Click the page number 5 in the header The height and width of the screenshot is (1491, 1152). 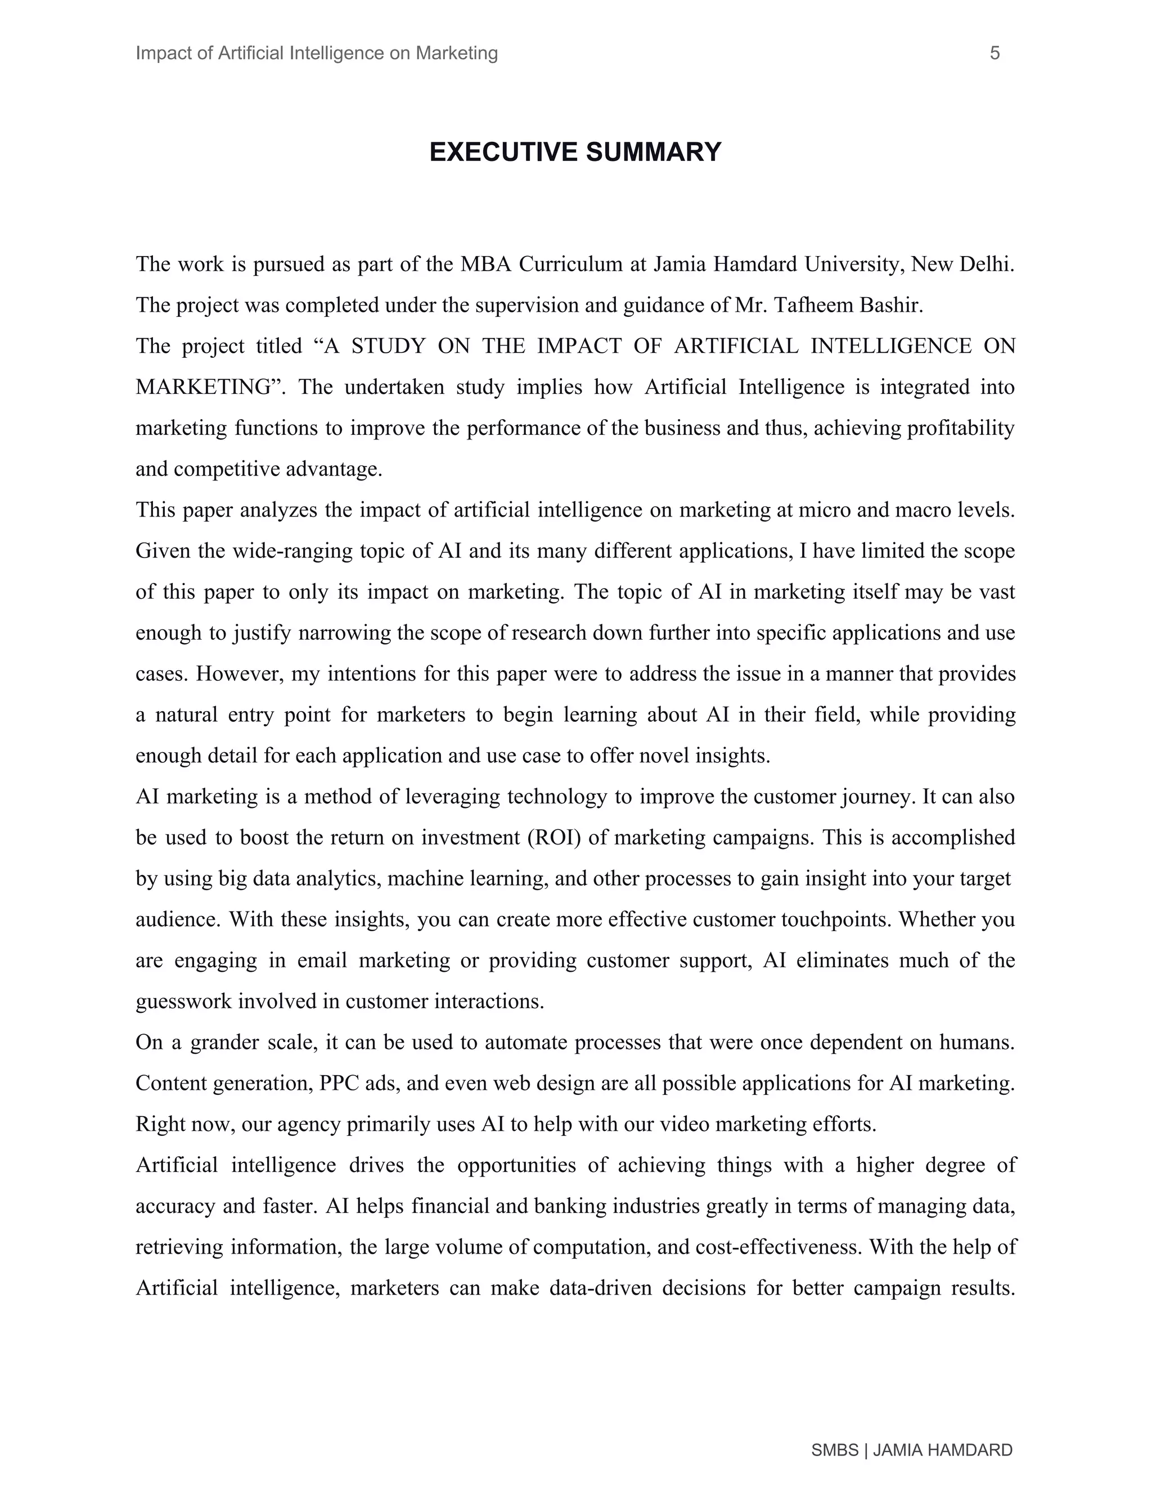[x=994, y=53]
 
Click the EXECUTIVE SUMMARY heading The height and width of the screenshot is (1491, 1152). [x=575, y=151]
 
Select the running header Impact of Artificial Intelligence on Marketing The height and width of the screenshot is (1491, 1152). [x=317, y=53]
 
